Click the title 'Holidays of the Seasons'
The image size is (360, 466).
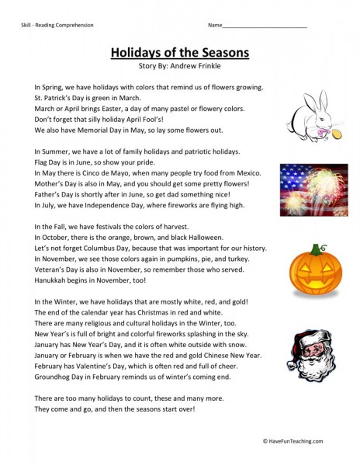pyautogui.click(x=179, y=53)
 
